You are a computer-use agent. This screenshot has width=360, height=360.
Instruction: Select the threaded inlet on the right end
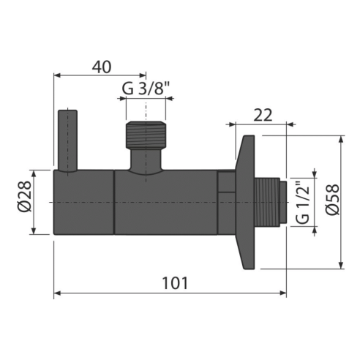coord(271,202)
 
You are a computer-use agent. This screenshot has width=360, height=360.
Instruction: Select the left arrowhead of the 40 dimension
coord(59,74)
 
